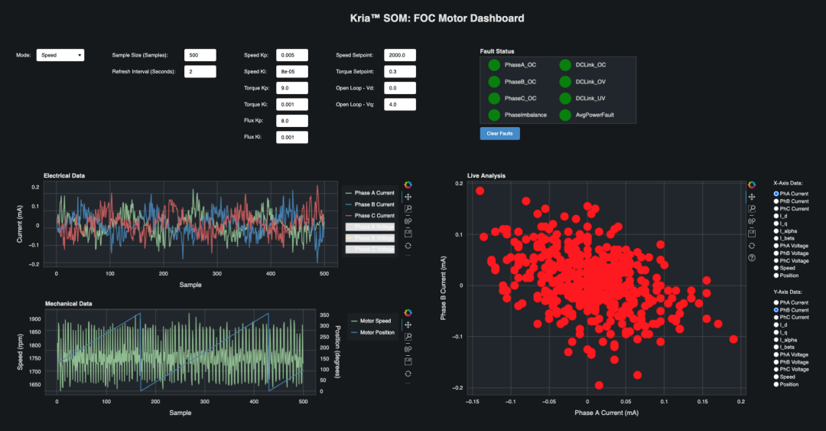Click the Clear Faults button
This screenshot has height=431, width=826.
coord(500,134)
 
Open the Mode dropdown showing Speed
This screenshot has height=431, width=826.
coord(60,55)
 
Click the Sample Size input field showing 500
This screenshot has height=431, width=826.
coord(200,55)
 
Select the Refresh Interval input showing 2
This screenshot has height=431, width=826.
coord(200,71)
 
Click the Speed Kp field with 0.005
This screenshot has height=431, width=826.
coord(291,55)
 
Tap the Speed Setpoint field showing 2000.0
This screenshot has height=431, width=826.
coord(400,55)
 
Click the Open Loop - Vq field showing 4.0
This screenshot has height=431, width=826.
coord(400,104)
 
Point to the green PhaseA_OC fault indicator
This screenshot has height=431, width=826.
coord(494,65)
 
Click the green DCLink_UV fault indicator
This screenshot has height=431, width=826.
coord(564,98)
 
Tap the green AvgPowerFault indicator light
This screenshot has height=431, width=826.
coord(564,115)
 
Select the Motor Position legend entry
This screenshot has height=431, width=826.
coord(375,332)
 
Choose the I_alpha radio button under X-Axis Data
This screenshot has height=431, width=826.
coord(776,231)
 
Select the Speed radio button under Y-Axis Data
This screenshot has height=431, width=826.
coord(776,377)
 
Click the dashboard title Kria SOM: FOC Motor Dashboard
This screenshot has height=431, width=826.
coord(413,18)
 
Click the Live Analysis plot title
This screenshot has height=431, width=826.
coord(486,176)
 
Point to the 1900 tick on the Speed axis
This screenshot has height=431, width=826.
coord(35,319)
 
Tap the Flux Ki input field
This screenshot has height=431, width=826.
coord(291,137)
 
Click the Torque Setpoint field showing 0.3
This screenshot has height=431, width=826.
coord(400,71)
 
